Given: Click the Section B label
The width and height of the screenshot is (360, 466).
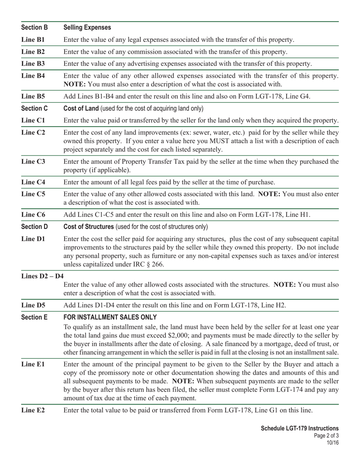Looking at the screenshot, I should click(x=34, y=28).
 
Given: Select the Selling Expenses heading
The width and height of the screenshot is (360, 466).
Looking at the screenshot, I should click(x=87, y=28).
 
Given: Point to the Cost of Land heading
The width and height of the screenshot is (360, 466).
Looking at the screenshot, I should click(x=81, y=109).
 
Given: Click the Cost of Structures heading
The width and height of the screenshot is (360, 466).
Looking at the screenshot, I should click(x=89, y=227).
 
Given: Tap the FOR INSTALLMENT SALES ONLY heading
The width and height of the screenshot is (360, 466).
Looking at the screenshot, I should click(x=110, y=317).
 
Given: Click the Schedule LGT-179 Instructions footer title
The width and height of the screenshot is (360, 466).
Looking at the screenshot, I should click(x=299, y=428).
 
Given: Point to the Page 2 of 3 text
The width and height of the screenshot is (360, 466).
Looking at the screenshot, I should click(x=326, y=436).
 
